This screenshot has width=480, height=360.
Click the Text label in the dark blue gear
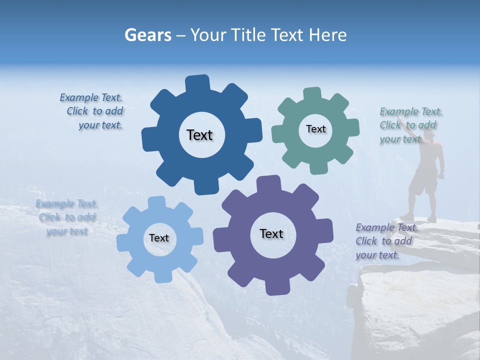click(199, 135)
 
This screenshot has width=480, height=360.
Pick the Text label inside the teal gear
click(315, 129)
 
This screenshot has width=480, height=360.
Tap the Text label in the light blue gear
click(159, 238)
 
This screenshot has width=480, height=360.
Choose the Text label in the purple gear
click(271, 233)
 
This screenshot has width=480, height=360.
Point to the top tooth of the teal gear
click(312, 94)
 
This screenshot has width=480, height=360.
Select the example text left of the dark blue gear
click(92, 111)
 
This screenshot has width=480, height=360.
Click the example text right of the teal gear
click(410, 125)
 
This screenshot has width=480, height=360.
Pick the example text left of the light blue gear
click(67, 217)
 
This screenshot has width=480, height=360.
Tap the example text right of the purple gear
click(386, 241)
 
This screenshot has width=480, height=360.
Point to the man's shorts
click(423, 184)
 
